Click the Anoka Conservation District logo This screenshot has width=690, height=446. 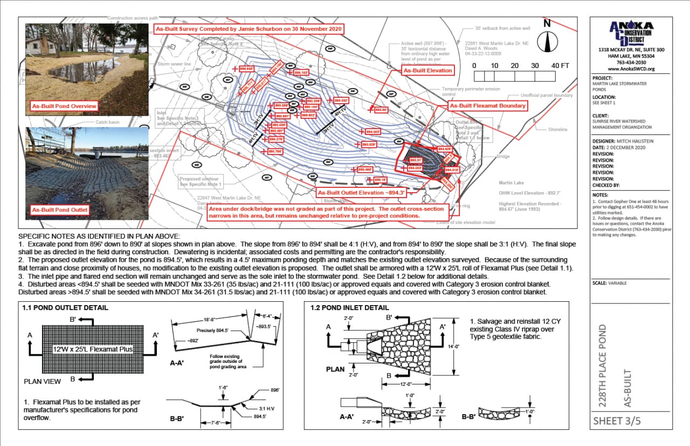click(x=631, y=33)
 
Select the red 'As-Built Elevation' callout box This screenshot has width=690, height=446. click(x=427, y=70)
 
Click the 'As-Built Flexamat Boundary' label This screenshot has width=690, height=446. click(x=487, y=106)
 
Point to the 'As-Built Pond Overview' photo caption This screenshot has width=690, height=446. click(x=64, y=106)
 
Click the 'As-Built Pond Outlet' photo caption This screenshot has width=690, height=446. click(x=60, y=210)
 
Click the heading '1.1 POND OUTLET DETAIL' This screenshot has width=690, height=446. click(x=65, y=308)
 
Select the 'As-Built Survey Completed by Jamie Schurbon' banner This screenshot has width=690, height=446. click(x=249, y=29)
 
